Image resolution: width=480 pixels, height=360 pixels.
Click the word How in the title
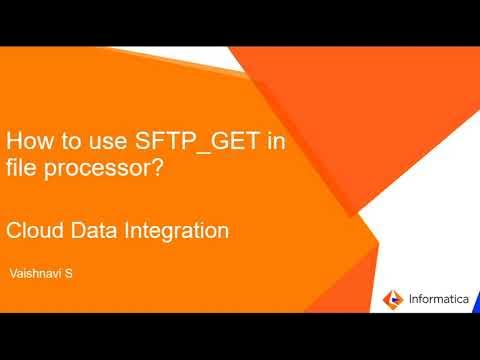pos(29,143)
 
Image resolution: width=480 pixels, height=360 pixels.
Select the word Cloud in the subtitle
pos(33,231)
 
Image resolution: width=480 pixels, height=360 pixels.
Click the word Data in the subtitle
pos(91,231)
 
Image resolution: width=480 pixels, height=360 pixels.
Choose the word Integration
pos(174,232)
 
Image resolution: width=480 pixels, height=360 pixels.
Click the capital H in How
pos(14,143)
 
